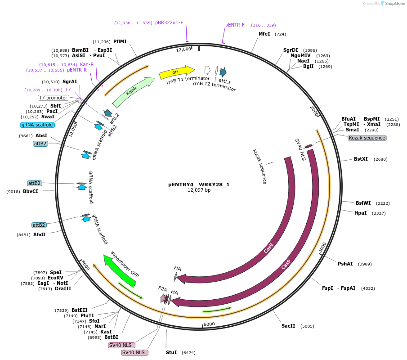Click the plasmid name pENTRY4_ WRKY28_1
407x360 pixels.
[199, 184]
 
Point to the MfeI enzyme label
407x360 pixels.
[264, 34]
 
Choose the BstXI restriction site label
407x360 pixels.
[361, 159]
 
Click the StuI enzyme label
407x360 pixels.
[171, 352]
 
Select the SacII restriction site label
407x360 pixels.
[288, 326]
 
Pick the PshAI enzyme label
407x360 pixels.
[345, 264]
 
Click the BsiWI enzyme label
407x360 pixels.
[363, 203]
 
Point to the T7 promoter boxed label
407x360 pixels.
[54, 98]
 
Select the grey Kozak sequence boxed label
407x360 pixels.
[367, 138]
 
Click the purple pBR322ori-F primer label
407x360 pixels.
[169, 22]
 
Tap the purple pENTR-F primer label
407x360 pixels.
[235, 25]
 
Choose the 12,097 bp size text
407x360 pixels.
[199, 190]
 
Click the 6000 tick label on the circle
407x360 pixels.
[210, 324]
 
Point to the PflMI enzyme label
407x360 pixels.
[120, 41]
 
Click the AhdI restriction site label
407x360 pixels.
[39, 234]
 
